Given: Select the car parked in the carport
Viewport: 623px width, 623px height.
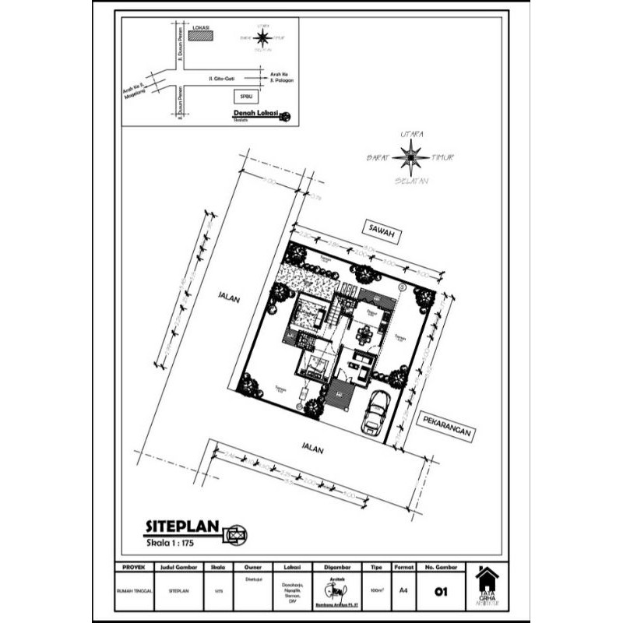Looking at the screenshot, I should [x=376, y=411].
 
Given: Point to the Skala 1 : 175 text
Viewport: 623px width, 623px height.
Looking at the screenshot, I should [x=176, y=540].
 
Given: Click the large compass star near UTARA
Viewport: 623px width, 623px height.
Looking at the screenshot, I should [x=410, y=157].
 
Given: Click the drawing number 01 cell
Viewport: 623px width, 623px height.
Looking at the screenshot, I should [x=442, y=592].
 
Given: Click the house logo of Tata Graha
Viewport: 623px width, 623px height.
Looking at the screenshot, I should [x=487, y=578].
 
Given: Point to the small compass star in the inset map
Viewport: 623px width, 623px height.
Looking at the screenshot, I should [x=262, y=37].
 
